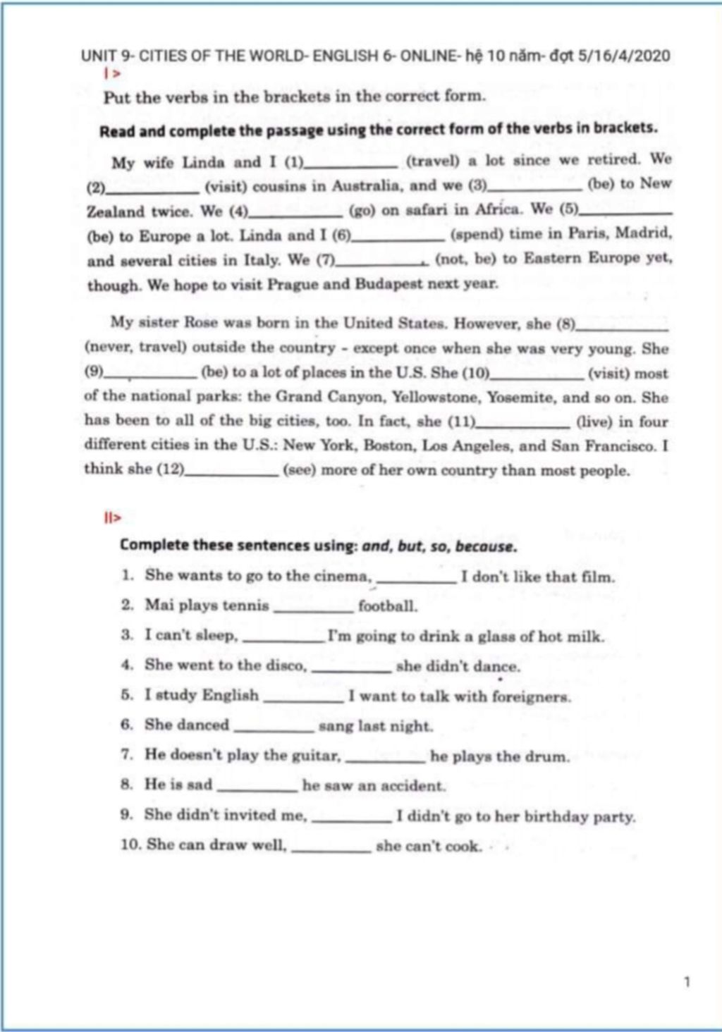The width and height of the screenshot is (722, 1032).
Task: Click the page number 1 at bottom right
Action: tap(687, 981)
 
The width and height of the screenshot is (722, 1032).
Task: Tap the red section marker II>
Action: tap(112, 518)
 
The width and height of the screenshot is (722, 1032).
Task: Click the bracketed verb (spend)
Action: tap(477, 234)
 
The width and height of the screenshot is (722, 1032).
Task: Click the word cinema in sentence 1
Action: tap(342, 576)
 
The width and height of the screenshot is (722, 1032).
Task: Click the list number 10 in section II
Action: tap(131, 844)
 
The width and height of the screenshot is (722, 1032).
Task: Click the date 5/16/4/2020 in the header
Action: tap(623, 56)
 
